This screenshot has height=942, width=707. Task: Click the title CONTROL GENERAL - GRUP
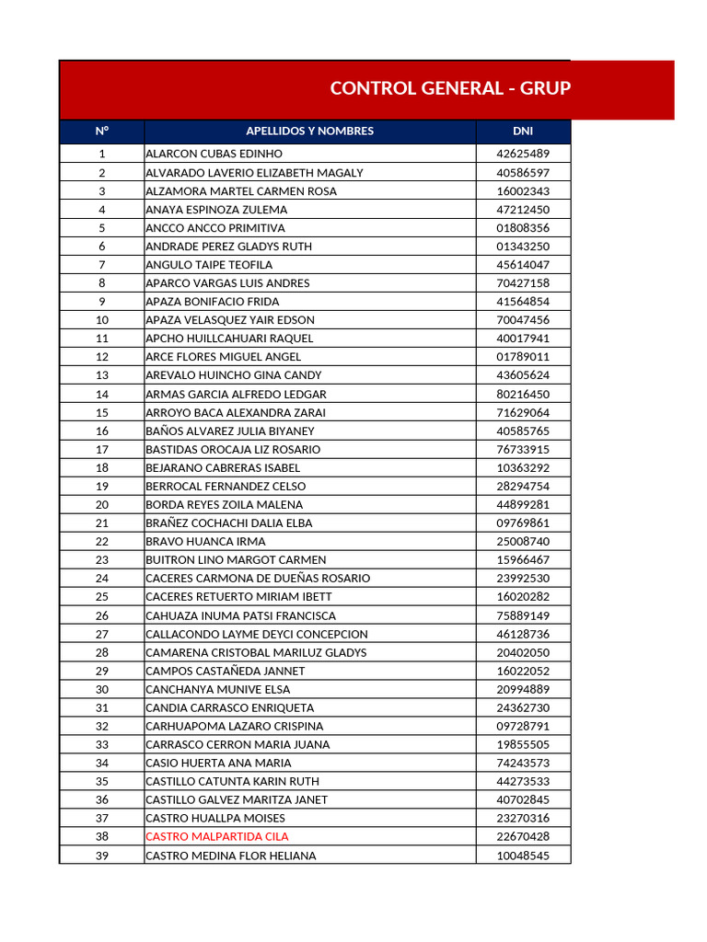(x=450, y=88)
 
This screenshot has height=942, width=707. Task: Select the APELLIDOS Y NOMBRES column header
(x=309, y=131)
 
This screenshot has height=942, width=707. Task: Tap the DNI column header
(x=523, y=131)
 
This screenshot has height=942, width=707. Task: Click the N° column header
(x=101, y=131)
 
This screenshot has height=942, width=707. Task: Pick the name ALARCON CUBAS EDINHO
(x=214, y=154)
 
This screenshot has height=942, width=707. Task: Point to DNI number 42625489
(x=523, y=154)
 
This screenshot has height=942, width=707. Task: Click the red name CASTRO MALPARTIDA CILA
(x=217, y=836)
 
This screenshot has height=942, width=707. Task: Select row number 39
(x=101, y=856)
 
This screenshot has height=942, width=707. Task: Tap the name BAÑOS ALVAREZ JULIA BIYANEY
(x=230, y=431)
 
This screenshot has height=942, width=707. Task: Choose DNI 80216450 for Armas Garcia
(x=523, y=394)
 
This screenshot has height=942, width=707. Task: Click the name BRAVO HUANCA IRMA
(x=205, y=542)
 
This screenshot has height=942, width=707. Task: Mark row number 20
(x=101, y=504)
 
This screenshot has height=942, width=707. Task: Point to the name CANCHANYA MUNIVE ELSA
(x=217, y=689)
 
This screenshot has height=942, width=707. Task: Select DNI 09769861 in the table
(x=523, y=523)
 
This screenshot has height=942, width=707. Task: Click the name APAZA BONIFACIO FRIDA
(x=213, y=301)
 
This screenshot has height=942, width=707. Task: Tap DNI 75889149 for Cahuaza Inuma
(x=523, y=615)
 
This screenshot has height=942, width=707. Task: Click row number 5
(x=101, y=227)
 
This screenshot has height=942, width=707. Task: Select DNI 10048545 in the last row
(x=523, y=856)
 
